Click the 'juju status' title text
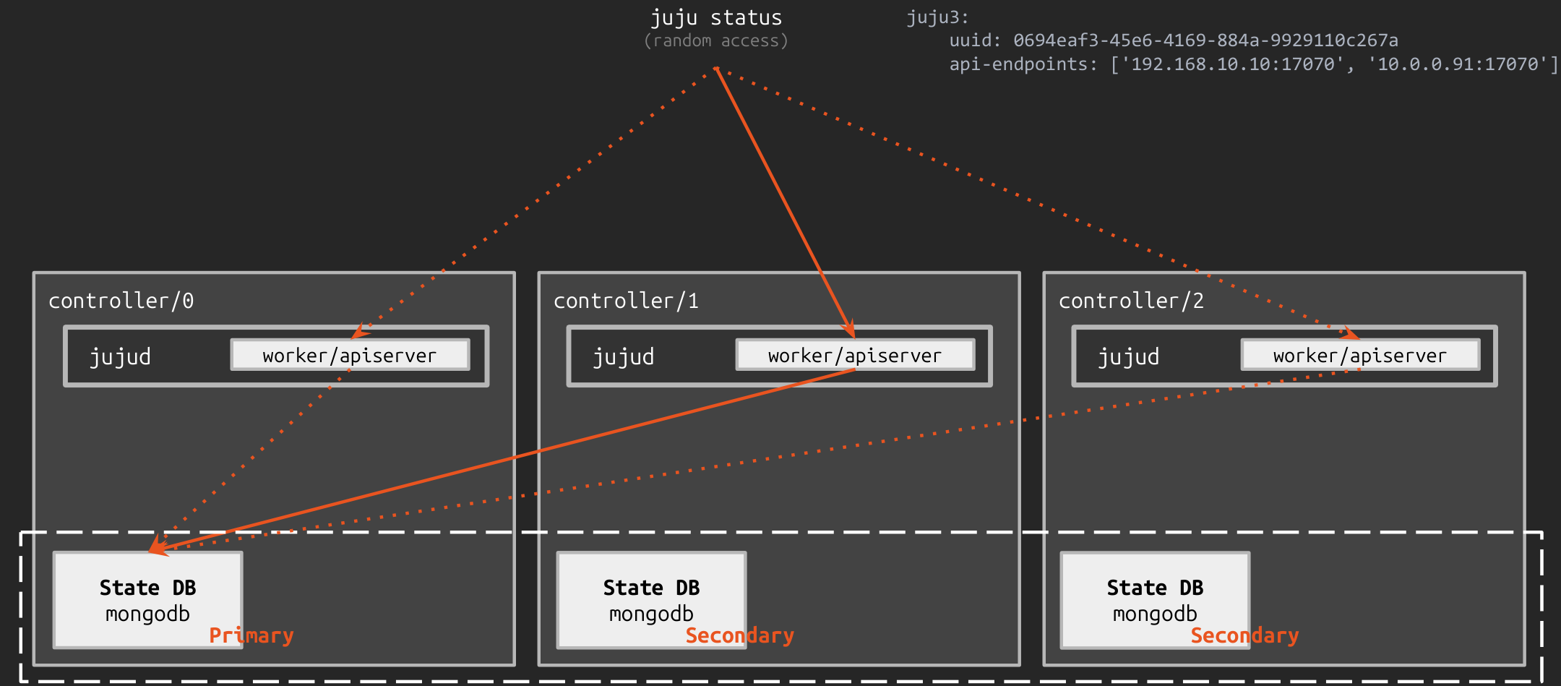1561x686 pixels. [715, 17]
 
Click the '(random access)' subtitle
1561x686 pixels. [715, 41]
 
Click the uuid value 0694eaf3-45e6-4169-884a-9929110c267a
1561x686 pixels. [1205, 40]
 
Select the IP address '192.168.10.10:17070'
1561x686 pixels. [1232, 64]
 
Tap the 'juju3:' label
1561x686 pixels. [937, 17]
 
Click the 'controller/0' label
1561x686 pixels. [121, 301]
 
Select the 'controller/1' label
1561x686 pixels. [626, 301]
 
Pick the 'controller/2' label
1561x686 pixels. [1131, 301]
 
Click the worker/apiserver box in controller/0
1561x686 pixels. [350, 356]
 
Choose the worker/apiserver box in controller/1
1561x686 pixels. [855, 356]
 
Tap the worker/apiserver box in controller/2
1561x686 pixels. [1360, 356]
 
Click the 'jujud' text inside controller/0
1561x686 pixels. [120, 357]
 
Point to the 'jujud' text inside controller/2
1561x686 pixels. [1128, 357]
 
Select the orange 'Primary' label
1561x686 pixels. [251, 636]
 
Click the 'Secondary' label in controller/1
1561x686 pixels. [739, 636]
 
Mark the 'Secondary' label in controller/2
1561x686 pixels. [1244, 636]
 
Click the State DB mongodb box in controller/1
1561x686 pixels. [651, 600]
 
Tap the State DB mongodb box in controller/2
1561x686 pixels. [1155, 600]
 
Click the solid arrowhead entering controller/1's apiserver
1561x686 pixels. [850, 330]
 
